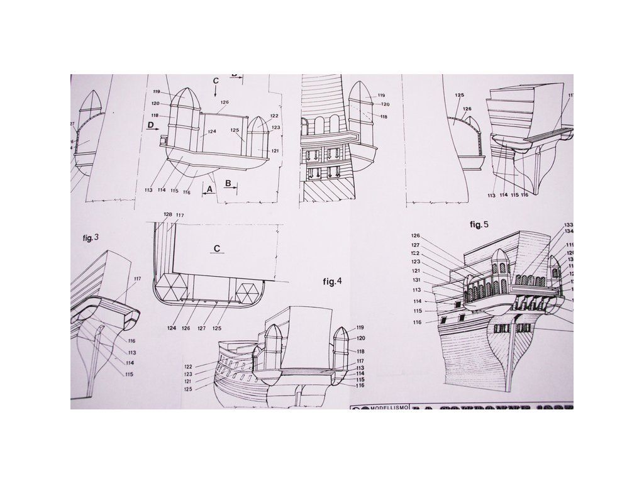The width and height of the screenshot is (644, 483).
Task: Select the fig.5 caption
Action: pos(479,224)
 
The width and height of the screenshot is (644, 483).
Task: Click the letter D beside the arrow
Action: pos(150,126)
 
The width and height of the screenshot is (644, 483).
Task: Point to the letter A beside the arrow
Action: pos(210,187)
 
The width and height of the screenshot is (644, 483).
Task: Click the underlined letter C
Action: pos(215,248)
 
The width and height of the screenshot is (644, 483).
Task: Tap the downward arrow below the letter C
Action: pos(215,91)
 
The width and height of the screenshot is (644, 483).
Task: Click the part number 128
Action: pos(167,215)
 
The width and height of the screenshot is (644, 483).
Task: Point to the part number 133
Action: pos(569,225)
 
